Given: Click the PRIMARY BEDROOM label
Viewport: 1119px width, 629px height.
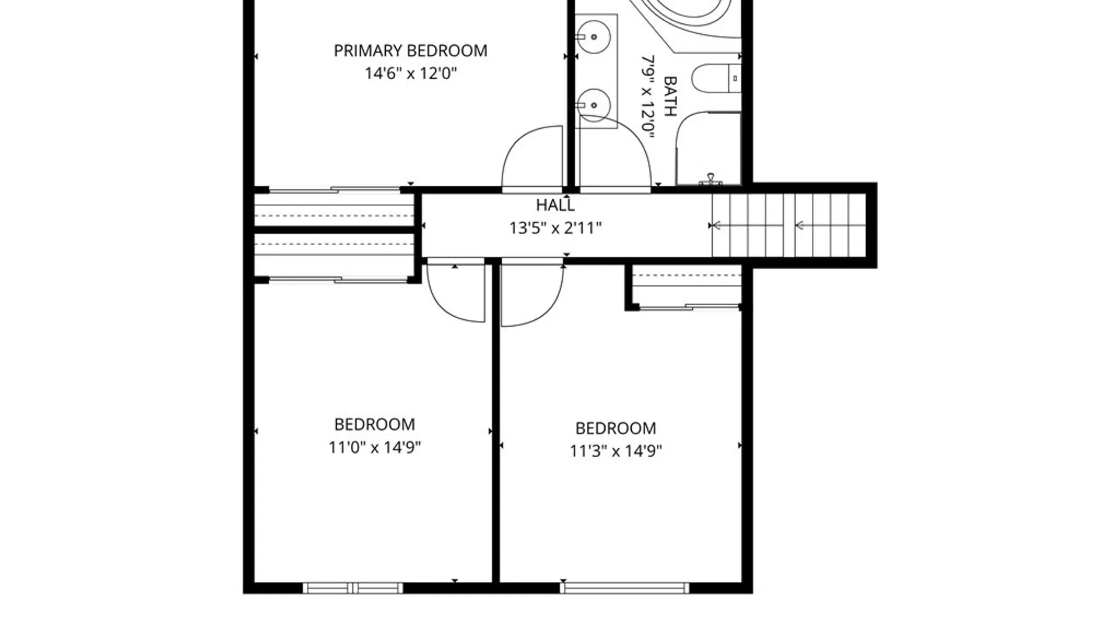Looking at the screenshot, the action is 410,51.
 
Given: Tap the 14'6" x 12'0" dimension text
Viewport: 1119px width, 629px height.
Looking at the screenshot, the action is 410,73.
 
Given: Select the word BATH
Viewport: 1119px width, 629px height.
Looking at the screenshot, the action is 670,96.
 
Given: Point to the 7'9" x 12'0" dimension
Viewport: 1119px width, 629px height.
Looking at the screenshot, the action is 648,96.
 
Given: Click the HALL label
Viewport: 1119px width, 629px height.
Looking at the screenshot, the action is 555,205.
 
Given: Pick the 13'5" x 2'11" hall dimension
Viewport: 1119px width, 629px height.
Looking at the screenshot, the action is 555,228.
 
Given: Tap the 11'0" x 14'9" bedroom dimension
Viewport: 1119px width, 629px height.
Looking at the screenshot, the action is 375,447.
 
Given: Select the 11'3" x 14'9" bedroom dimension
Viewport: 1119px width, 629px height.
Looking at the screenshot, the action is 616,451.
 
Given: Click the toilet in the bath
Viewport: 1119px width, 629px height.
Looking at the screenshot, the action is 716,79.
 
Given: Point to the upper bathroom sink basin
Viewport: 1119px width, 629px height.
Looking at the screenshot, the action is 594,37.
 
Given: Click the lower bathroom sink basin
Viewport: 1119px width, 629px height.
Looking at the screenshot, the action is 594,105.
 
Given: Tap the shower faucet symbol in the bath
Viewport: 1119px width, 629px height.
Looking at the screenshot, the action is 710,179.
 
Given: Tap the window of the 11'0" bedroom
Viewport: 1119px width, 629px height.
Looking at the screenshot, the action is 353,588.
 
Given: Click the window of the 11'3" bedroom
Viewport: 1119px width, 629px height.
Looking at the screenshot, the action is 624,588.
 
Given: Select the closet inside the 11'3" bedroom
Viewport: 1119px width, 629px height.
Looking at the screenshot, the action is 687,286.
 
